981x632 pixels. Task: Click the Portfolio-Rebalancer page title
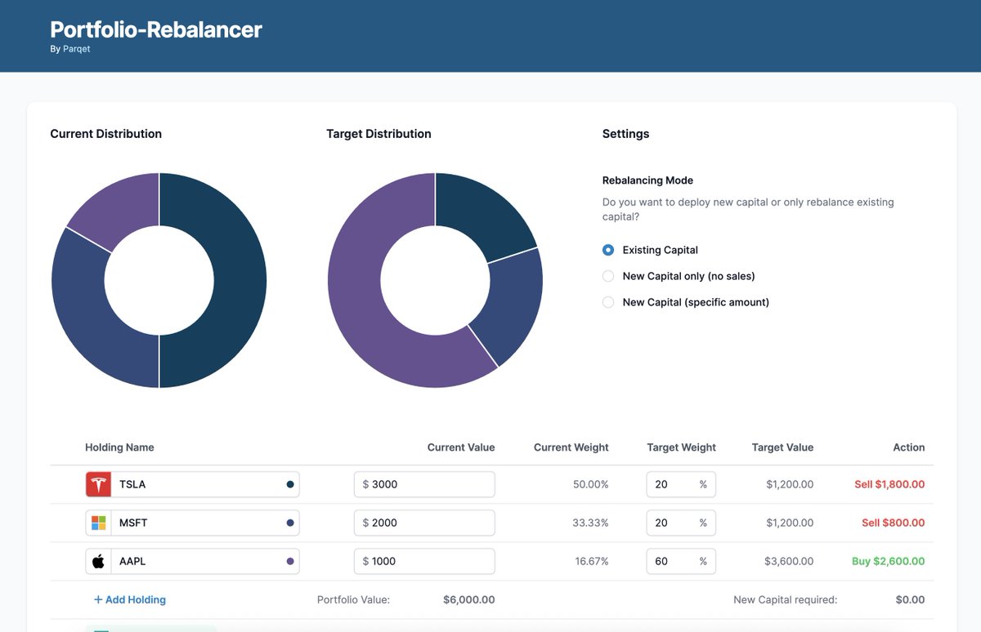pyautogui.click(x=156, y=29)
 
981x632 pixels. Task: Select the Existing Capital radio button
pyautogui.click(x=608, y=250)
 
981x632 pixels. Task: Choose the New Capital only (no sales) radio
pyautogui.click(x=608, y=276)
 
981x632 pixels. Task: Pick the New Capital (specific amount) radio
pyautogui.click(x=608, y=302)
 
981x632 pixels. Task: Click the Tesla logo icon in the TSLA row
pyautogui.click(x=98, y=484)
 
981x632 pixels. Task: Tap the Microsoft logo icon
pyautogui.click(x=98, y=523)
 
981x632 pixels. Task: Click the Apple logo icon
pyautogui.click(x=98, y=562)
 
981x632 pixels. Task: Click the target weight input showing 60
pyautogui.click(x=670, y=562)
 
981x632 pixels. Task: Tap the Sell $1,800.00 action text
pyautogui.click(x=889, y=484)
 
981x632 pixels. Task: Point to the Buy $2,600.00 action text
pyautogui.click(x=888, y=562)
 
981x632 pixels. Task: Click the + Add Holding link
pyautogui.click(x=130, y=599)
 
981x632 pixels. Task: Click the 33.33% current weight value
pyautogui.click(x=592, y=523)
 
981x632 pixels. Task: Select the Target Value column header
pyautogui.click(x=782, y=447)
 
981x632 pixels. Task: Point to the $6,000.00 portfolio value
pyautogui.click(x=468, y=599)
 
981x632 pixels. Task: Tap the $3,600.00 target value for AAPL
pyautogui.click(x=789, y=562)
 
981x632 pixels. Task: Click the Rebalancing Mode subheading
pyautogui.click(x=647, y=180)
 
